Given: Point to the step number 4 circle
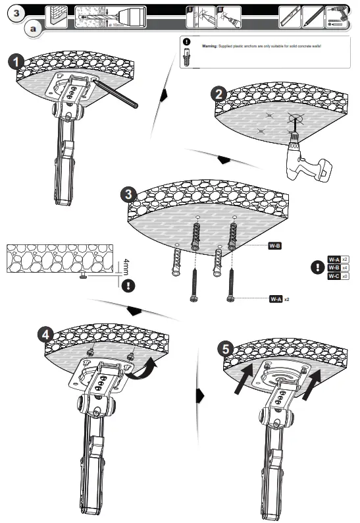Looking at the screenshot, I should pyautogui.click(x=45, y=334).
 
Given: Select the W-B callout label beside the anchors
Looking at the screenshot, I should pyautogui.click(x=275, y=246).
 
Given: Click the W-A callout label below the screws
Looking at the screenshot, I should pyautogui.click(x=276, y=298).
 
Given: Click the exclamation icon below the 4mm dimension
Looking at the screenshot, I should pyautogui.click(x=127, y=285).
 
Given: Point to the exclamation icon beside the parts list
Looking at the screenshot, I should pyautogui.click(x=317, y=267).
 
